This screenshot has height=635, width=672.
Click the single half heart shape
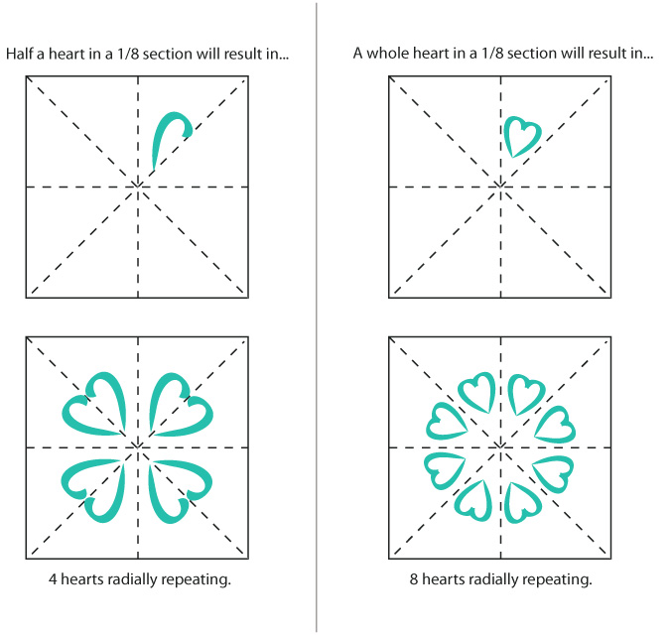166,138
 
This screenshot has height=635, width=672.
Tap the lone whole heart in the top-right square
521,135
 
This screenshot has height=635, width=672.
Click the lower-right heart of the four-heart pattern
180,491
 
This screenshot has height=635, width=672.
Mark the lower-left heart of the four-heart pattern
95,491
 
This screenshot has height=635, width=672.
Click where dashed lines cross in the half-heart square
138,186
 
